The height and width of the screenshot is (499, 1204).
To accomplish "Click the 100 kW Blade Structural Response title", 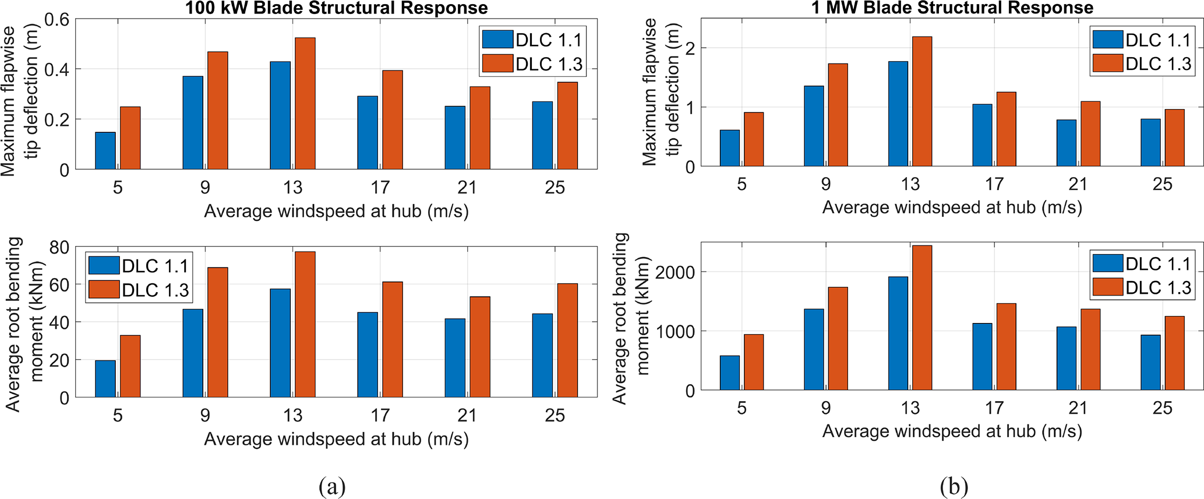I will (336, 8).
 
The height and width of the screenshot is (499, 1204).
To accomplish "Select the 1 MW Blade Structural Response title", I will (952, 8).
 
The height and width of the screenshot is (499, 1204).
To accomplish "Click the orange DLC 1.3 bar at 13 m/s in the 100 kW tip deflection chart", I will (305, 104).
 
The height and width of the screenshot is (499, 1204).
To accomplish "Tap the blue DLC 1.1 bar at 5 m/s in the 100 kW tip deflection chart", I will (105, 151).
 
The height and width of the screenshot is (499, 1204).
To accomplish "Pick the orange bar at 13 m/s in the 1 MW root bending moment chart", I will (922, 318).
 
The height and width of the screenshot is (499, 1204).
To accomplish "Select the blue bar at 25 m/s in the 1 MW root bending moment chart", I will (1150, 363).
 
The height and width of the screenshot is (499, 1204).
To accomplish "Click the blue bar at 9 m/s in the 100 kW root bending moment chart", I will (193, 353).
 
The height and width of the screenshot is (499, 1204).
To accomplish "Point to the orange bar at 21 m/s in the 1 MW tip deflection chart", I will (1090, 134).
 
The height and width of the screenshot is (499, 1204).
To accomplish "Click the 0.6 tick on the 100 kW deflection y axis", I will (57, 20).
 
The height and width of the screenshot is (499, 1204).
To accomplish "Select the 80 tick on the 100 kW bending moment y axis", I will (59, 248).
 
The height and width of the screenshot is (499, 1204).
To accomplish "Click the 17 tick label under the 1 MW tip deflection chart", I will (994, 184).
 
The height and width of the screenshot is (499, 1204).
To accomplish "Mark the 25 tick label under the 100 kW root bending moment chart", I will (555, 416).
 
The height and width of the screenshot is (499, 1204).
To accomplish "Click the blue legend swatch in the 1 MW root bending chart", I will (1107, 263).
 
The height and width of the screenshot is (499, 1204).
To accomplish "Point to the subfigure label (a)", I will (333, 486).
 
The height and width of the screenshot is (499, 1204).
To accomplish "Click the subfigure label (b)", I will (954, 486).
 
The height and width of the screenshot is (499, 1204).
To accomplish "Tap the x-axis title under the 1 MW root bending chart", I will (952, 431).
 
